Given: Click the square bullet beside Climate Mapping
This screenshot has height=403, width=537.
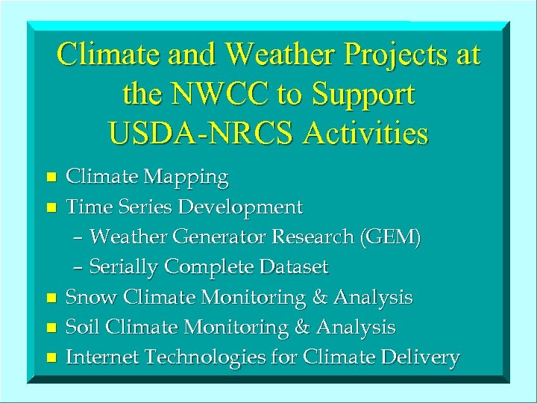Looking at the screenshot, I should (51, 178).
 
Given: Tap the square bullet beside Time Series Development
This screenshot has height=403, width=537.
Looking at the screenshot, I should (51, 207).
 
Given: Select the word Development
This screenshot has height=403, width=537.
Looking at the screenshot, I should (246, 207).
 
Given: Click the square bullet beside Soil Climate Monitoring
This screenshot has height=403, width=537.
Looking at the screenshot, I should (51, 328).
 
